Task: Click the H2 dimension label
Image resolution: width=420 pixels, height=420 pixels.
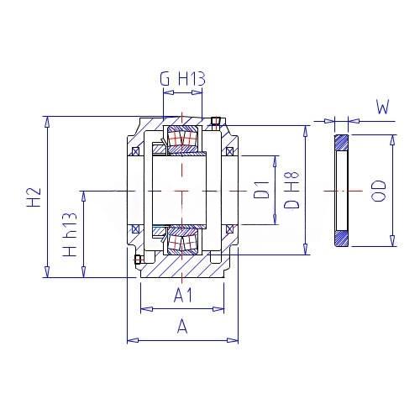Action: point(34,197)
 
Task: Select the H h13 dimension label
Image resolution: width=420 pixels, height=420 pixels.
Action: point(69,234)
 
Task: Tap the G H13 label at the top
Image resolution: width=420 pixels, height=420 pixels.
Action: point(182,79)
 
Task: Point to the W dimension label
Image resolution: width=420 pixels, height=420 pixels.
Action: point(383,107)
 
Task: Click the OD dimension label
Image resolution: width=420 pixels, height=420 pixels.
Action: point(378,191)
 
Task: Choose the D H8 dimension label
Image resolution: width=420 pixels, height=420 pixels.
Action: point(291,190)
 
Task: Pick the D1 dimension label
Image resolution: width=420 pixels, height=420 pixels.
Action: point(261,190)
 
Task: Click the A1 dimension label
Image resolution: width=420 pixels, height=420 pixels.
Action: point(183,296)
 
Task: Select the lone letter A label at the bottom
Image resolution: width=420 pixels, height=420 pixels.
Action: point(182,326)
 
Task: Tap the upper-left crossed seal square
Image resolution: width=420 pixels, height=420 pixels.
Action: point(135,151)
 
